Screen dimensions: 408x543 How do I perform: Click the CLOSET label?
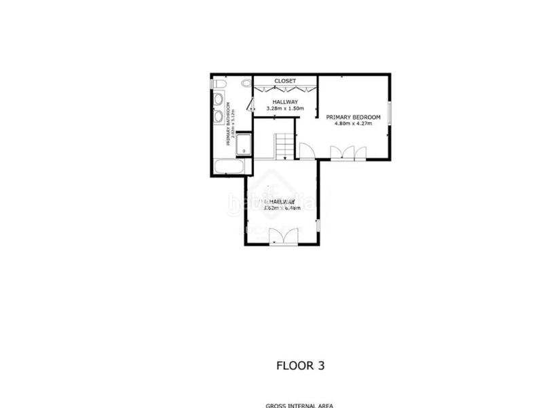pos(285,81)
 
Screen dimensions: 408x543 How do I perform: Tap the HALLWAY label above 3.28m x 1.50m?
pos(285,102)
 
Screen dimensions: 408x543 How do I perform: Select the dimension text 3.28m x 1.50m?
pos(285,109)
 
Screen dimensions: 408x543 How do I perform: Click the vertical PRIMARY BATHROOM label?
pos(228,126)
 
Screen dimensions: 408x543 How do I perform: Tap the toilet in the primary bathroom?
pos(218,84)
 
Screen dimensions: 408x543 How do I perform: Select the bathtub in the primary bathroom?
pos(227,167)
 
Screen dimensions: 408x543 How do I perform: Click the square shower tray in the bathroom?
pos(243,146)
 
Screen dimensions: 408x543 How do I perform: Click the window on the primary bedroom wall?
pos(390,112)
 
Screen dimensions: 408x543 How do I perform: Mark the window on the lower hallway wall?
pos(318,225)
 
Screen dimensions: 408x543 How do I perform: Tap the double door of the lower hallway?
pos(283,236)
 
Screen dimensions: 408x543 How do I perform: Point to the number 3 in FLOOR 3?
pos(320,366)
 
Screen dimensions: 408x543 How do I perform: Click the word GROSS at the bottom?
pos(275,405)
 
